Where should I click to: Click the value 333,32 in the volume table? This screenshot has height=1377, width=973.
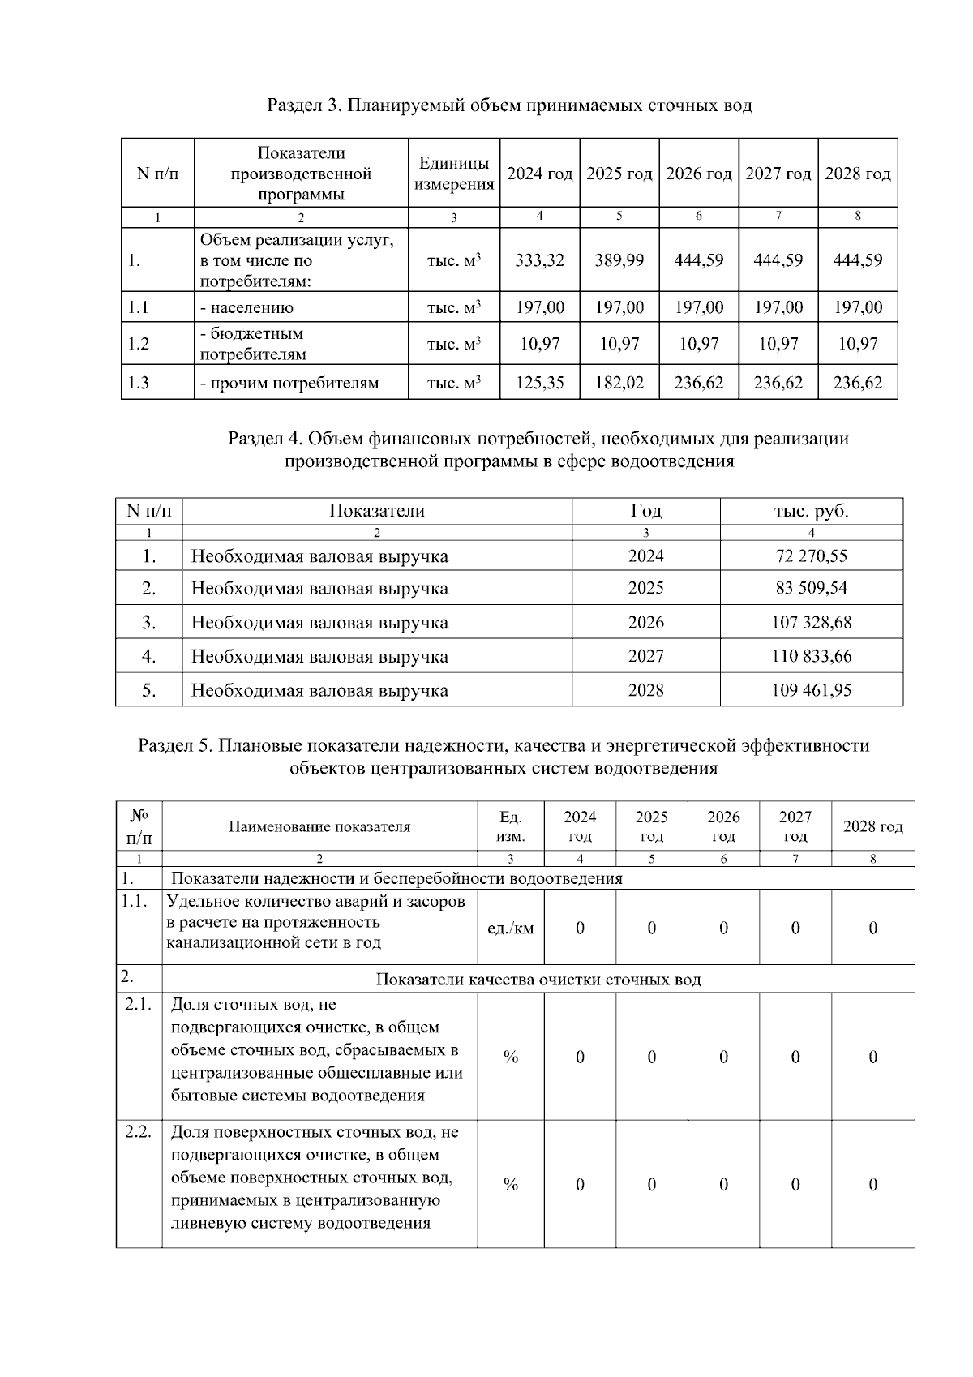(540, 260)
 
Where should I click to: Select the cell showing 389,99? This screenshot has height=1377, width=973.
(619, 260)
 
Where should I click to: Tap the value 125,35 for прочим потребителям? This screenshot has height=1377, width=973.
(540, 383)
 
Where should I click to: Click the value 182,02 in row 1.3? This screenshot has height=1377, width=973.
(619, 383)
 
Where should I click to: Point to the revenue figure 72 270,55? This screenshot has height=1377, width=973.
(812, 556)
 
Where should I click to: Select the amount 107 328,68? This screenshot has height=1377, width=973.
(812, 623)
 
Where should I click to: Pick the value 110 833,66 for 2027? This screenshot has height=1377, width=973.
(812, 657)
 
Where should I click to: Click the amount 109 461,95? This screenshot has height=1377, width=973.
(812, 691)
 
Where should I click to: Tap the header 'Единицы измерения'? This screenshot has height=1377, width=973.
(454, 174)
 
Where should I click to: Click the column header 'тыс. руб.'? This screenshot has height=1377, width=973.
(812, 511)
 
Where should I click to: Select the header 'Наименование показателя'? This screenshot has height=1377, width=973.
(319, 827)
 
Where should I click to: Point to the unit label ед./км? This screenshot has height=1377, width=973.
(510, 929)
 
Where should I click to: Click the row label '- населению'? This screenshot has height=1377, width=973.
(247, 308)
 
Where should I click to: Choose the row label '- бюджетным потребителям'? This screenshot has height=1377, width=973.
(252, 344)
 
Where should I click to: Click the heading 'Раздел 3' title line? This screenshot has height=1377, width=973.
(509, 105)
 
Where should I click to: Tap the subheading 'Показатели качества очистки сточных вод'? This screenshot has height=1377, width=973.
(538, 980)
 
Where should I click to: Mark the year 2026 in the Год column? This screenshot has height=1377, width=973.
(645, 623)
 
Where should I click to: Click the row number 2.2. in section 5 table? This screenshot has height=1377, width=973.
(139, 1132)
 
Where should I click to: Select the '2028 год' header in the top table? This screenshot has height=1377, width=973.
(858, 174)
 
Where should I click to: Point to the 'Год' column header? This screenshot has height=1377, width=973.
(645, 511)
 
